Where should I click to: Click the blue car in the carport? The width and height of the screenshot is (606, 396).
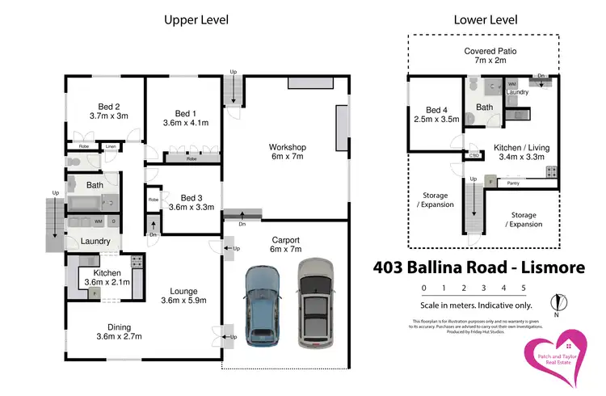coord(261,303)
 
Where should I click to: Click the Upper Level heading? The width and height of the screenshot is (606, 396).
coord(196,19)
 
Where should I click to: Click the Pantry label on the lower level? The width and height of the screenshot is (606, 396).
coord(512,183)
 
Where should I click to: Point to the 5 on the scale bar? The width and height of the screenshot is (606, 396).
coord(524,288)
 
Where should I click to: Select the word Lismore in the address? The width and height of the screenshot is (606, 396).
coord(557,267)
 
